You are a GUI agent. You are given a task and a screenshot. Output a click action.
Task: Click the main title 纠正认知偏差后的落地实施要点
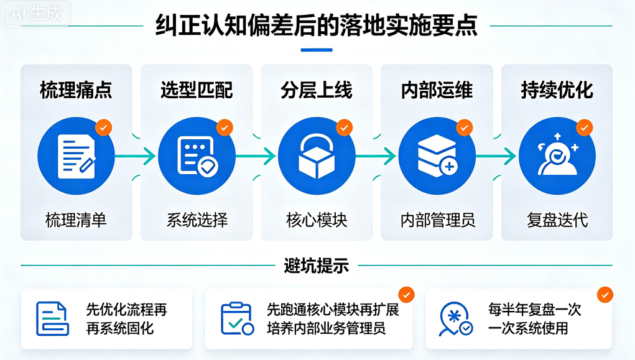[317, 25]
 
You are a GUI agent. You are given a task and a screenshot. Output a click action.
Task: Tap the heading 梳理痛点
[76, 90]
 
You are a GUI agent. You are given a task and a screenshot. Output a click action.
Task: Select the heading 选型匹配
[197, 90]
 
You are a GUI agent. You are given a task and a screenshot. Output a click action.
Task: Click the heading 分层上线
[317, 90]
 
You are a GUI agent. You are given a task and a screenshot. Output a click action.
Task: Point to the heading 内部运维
[437, 90]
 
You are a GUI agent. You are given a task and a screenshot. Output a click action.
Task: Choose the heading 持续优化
[557, 90]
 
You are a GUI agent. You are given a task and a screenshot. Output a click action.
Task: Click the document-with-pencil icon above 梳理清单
[76, 156]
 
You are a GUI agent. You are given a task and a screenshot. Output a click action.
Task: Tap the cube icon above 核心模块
[317, 156]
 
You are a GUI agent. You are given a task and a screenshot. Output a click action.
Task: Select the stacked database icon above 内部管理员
[437, 156]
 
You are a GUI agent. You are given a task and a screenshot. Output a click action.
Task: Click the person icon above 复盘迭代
[557, 155]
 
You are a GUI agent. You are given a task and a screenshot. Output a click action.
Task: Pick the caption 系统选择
[197, 220]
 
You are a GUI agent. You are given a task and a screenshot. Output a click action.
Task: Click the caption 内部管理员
[437, 220]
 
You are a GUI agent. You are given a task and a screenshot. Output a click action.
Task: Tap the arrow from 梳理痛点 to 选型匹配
[135, 156]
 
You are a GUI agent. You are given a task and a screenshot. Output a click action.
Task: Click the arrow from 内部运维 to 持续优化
[496, 156]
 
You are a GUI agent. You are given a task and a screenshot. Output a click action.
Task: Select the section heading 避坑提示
[317, 265]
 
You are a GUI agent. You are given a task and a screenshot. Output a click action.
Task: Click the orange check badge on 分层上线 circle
[344, 127]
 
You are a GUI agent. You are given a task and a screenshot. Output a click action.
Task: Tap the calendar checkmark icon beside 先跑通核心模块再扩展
[237, 318]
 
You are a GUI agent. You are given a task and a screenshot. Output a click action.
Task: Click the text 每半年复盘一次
[535, 310]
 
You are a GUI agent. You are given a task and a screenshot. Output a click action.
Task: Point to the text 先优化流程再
[126, 310]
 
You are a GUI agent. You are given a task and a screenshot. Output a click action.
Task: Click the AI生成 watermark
[35, 13]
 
